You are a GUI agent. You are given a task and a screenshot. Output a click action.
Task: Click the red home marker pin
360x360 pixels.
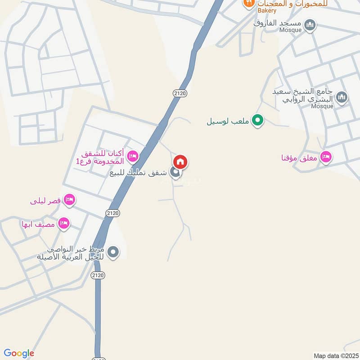click(x=180, y=162)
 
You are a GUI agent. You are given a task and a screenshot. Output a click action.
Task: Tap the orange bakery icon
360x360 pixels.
click(x=248, y=3)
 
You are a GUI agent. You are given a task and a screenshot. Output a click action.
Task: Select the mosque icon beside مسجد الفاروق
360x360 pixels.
click(x=310, y=25)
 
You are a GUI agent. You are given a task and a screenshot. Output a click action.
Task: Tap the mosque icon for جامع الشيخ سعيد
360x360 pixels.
click(x=342, y=97)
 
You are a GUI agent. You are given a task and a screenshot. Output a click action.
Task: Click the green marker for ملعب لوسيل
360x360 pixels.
click(x=257, y=120)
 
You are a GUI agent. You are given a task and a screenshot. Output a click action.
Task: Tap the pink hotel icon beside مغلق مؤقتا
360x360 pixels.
click(x=327, y=157)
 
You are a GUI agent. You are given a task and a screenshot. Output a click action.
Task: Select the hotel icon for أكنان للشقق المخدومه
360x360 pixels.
click(x=132, y=157)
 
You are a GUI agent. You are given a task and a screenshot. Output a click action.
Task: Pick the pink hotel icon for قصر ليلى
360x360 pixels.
click(x=69, y=200)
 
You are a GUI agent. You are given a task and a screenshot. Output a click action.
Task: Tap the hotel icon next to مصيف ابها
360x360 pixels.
click(x=64, y=223)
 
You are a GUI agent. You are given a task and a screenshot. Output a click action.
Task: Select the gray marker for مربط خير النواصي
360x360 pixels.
click(x=113, y=252)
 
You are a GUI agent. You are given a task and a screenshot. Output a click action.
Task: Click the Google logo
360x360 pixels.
click(x=19, y=353)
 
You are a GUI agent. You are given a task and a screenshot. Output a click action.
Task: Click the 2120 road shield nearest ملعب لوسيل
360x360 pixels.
click(x=179, y=93)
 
